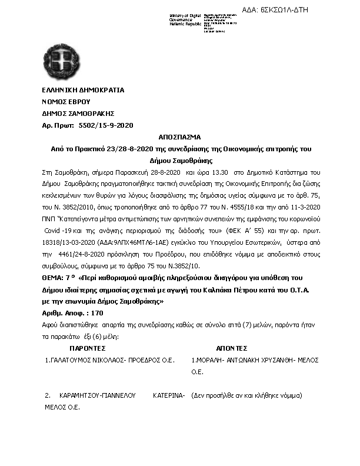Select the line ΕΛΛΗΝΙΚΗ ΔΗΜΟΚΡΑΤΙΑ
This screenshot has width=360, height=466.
[x=83, y=91]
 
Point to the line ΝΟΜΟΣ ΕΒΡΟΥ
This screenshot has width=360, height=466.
[x=66, y=102]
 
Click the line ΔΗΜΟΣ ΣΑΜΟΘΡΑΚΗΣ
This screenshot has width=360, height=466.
[x=78, y=114]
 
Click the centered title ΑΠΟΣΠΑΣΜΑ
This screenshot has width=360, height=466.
[x=179, y=137]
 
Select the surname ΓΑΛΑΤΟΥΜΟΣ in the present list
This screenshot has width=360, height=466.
[x=70, y=360]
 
